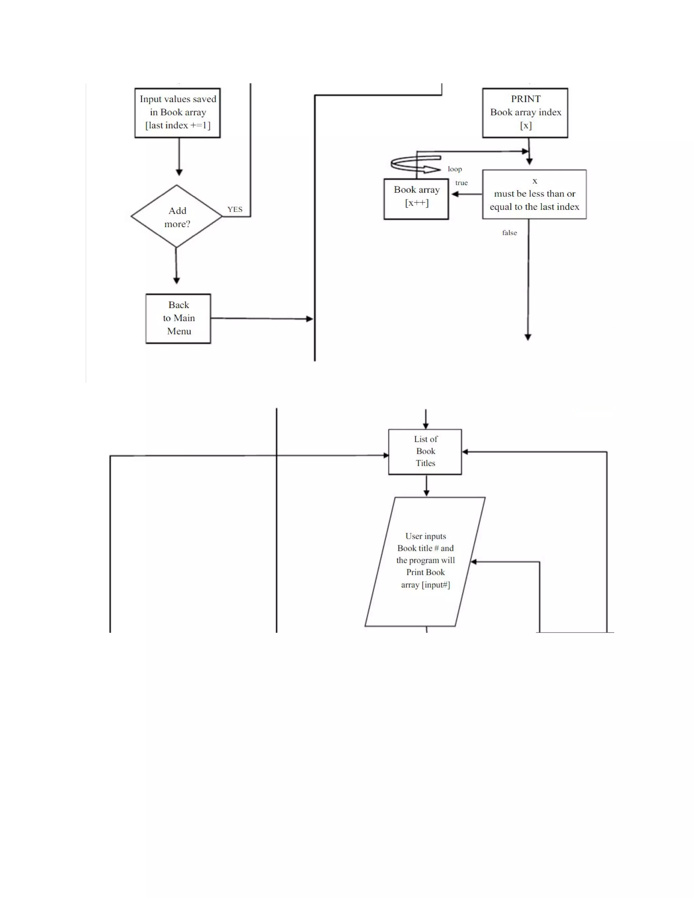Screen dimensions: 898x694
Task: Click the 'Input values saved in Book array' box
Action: coord(178,113)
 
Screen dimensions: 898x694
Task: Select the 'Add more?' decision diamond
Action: coord(177,217)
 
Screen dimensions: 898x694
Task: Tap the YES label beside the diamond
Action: coord(235,209)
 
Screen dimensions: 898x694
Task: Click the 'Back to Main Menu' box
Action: coord(179,318)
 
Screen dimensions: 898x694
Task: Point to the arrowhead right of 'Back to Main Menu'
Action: coord(310,319)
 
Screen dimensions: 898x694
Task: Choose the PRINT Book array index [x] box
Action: coord(525,113)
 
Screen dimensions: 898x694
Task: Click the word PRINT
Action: coord(526,99)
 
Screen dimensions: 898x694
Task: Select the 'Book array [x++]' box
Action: coord(416,199)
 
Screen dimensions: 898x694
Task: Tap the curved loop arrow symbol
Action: coord(415,164)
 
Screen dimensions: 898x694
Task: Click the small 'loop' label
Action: coord(455,169)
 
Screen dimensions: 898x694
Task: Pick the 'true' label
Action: coord(461,183)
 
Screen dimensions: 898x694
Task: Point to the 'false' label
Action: coord(509,233)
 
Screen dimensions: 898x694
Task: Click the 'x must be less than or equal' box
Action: coord(534,194)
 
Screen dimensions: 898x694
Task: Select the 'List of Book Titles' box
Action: coord(425,451)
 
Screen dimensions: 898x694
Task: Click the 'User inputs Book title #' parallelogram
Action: coord(425,562)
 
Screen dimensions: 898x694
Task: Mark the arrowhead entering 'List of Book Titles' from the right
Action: coord(465,452)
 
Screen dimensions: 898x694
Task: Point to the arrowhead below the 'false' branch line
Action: coord(528,337)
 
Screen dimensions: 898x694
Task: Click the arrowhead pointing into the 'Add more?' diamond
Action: coord(179,172)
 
